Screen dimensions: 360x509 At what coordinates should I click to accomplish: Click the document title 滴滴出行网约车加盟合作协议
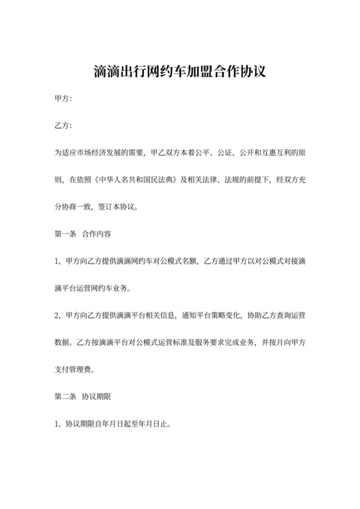(179, 71)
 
